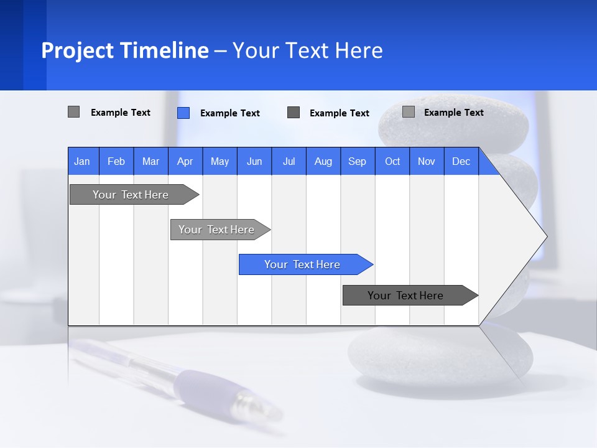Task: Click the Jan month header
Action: point(82,161)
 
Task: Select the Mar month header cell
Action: point(150,161)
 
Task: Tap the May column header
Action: point(220,161)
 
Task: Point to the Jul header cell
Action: point(289,161)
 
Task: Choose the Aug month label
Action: point(323,161)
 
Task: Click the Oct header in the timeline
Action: point(392,161)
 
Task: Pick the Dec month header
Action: point(461,161)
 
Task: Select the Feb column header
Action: point(116,161)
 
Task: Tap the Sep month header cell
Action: point(357,161)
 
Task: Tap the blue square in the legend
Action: point(183,113)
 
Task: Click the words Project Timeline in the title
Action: point(124,50)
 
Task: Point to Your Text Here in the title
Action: point(307,50)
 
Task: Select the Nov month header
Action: point(427,161)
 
